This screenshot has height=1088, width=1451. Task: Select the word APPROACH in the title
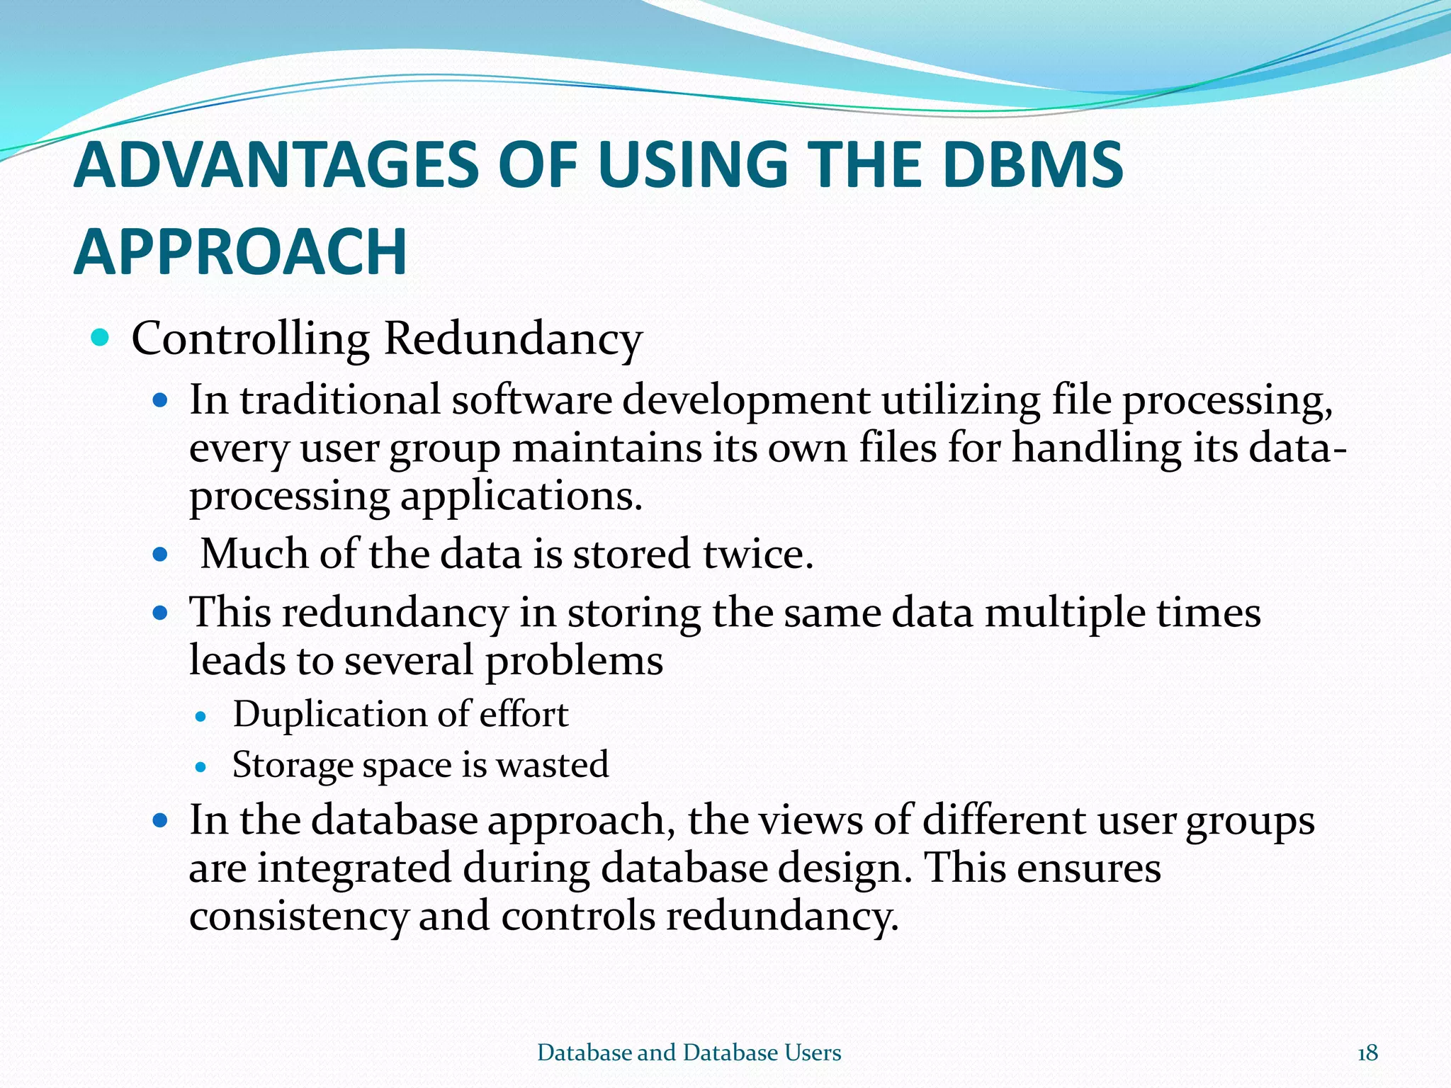pyautogui.click(x=240, y=252)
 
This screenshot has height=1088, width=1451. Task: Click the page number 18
pyautogui.click(x=1367, y=1053)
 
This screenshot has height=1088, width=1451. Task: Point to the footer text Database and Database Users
pyautogui.click(x=689, y=1053)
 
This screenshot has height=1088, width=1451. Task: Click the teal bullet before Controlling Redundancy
pyautogui.click(x=101, y=338)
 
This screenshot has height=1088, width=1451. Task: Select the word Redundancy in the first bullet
pyautogui.click(x=512, y=339)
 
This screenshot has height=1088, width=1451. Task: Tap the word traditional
pyautogui.click(x=340, y=400)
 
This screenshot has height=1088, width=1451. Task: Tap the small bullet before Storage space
pyautogui.click(x=201, y=767)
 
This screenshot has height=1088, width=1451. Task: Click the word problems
pyautogui.click(x=573, y=661)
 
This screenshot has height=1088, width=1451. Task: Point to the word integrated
pyautogui.click(x=354, y=868)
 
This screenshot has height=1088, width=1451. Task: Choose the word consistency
pyautogui.click(x=298, y=917)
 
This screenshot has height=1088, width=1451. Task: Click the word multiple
pyautogui.click(x=1064, y=613)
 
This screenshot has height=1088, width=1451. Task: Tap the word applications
pyautogui.click(x=521, y=497)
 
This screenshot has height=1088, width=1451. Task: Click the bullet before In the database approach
pyautogui.click(x=160, y=821)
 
